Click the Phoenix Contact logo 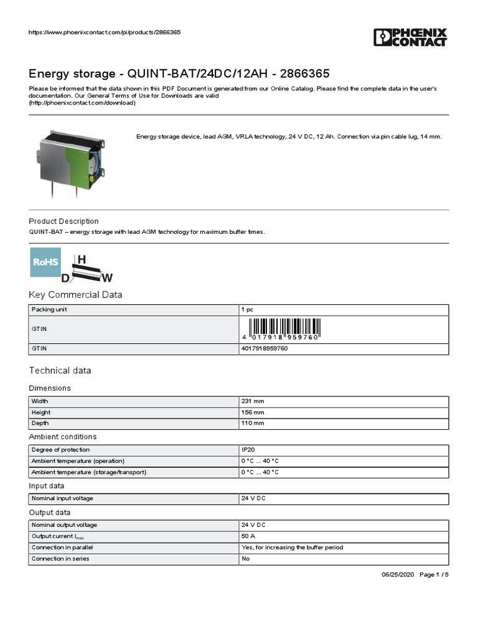(x=410, y=37)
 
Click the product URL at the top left (x=105, y=32)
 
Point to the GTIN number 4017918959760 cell (x=265, y=349)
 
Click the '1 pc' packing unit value (x=247, y=309)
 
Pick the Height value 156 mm (x=253, y=412)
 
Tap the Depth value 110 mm (x=253, y=424)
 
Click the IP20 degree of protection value (x=248, y=450)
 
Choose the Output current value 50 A (x=248, y=536)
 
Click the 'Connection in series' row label (x=60, y=559)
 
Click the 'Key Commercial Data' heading (x=76, y=295)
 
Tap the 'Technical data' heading (x=60, y=371)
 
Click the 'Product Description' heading (x=64, y=221)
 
